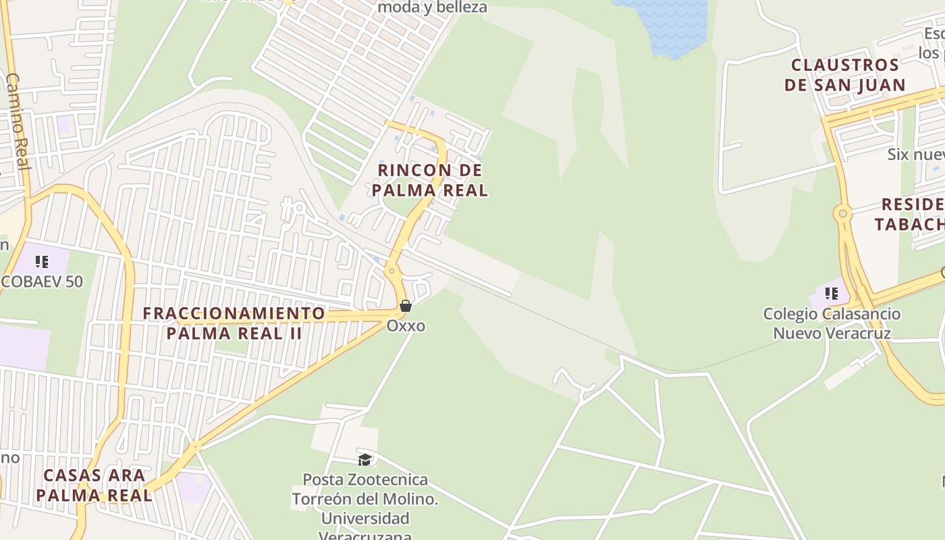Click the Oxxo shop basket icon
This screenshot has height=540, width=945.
pos(406,306)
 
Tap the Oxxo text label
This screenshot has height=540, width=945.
pos(406,326)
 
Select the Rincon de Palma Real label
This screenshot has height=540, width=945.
pos(430,180)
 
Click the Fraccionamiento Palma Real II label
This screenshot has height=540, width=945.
pos(234,323)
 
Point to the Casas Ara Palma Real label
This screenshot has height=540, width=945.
pos(94,485)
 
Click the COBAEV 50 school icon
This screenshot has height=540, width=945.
pos(42,262)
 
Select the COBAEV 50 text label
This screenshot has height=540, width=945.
pos(42,281)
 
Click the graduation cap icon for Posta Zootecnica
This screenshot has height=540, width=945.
pos(364,460)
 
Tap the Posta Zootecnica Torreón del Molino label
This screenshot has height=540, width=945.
pos(365,500)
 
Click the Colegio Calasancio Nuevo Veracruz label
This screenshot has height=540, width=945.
pos(832,323)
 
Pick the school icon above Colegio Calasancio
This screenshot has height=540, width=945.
pos(831,294)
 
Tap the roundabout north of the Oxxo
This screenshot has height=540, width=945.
pos(391,271)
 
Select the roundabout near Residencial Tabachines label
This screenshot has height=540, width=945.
pos(842,214)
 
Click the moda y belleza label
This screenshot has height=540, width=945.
pos(432,7)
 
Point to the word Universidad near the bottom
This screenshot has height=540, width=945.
pos(365,518)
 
